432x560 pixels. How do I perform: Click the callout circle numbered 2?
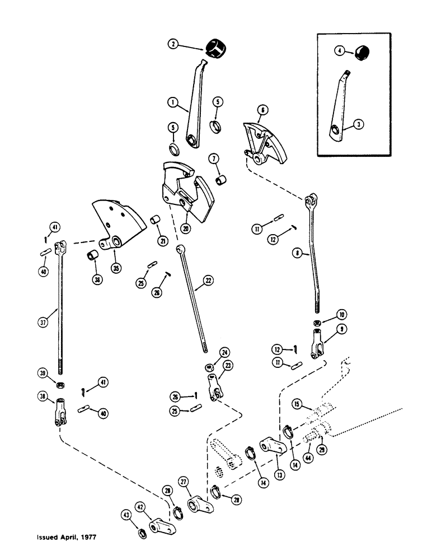click(175, 44)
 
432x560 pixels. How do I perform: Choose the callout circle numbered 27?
click(182, 482)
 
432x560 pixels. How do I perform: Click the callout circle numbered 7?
click(213, 158)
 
